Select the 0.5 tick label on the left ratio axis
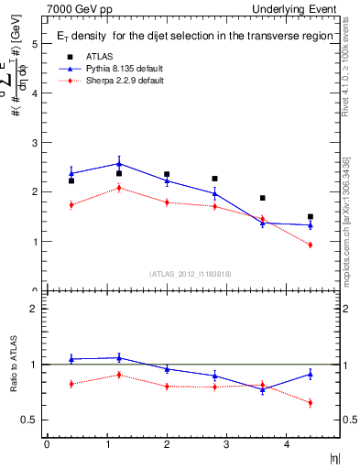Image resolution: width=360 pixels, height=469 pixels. (29, 420)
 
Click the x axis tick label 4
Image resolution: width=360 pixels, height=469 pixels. (286, 444)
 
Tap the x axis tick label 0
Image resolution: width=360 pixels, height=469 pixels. (47, 444)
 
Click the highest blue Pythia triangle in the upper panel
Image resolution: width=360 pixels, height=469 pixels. (119, 164)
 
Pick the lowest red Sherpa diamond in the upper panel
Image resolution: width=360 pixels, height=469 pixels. (311, 245)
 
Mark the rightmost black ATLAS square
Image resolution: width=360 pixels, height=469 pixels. (311, 217)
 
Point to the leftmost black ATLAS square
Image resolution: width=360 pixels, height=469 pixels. (71, 180)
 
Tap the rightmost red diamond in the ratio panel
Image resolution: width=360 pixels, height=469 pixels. (311, 402)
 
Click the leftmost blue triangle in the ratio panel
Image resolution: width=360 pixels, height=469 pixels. (71, 359)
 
